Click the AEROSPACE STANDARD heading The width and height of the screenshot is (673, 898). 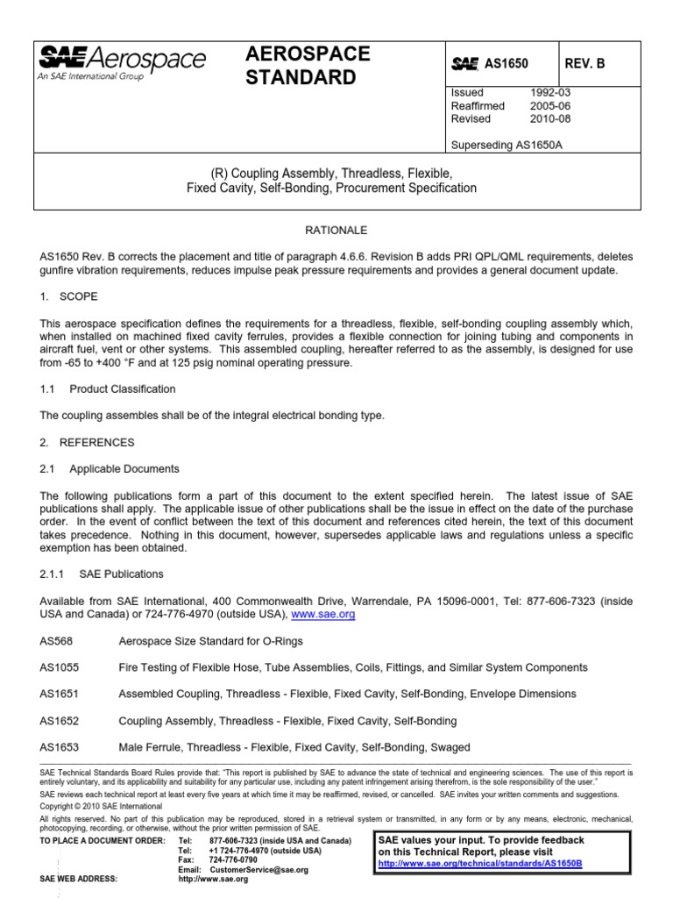[x=308, y=66]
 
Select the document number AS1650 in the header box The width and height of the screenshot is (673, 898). [x=509, y=64]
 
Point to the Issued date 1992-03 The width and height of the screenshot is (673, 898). [x=549, y=92]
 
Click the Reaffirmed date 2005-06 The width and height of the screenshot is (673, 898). [x=549, y=105]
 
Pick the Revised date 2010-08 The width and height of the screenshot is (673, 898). [x=549, y=118]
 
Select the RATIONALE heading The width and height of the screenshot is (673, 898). [x=336, y=230]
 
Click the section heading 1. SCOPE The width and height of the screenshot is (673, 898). [x=69, y=296]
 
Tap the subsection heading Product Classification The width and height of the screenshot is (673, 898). [x=123, y=388]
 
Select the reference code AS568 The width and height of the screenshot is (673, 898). [x=55, y=641]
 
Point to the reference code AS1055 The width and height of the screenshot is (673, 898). [x=59, y=667]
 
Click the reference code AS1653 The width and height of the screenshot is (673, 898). [x=59, y=747]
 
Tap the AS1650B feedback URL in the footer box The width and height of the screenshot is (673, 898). [x=479, y=863]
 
